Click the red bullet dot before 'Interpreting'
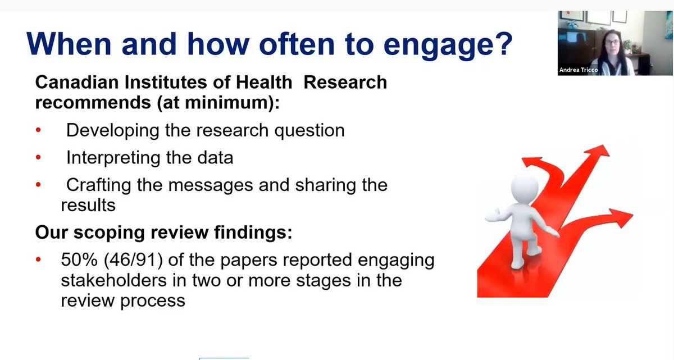(x=38, y=158)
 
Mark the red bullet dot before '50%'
(x=38, y=261)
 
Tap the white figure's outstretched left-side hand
(x=490, y=215)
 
